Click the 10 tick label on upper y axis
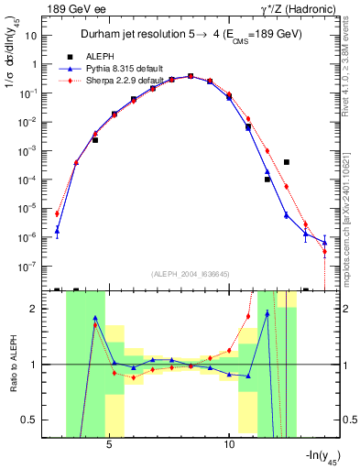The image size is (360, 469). (x=30, y=35)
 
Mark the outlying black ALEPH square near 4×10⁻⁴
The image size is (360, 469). (x=287, y=162)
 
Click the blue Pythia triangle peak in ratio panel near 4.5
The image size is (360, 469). (x=95, y=318)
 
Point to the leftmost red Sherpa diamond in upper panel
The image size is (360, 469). (x=57, y=213)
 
